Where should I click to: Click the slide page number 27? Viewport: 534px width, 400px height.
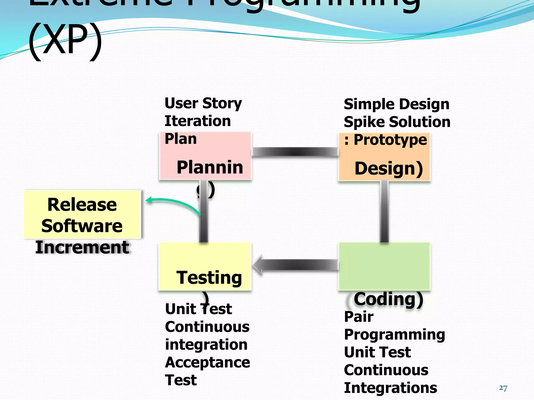[x=503, y=388]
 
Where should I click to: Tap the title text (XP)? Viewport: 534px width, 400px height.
[x=65, y=39]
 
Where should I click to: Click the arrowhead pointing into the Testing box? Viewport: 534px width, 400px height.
[x=258, y=265]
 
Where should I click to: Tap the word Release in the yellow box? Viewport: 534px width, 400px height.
[x=82, y=205]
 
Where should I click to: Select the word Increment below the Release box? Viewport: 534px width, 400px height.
[x=82, y=247]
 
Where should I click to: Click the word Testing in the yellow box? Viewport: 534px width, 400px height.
[x=209, y=278]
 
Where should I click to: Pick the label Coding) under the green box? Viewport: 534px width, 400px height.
[x=388, y=299]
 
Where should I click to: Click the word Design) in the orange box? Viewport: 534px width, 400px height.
[x=389, y=168]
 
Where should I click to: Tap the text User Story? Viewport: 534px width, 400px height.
[x=203, y=103]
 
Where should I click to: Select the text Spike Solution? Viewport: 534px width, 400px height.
[x=397, y=122]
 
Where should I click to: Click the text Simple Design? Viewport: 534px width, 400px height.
[x=396, y=104]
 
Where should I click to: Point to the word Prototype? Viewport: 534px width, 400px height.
[x=390, y=140]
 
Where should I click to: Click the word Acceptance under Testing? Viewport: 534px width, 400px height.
[x=207, y=362]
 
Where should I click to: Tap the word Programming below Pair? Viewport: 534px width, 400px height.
[x=394, y=335]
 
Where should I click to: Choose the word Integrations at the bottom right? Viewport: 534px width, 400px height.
[x=390, y=388]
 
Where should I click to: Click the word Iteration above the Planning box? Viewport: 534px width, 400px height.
[x=198, y=121]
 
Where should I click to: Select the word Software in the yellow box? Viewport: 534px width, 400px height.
[x=82, y=226]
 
